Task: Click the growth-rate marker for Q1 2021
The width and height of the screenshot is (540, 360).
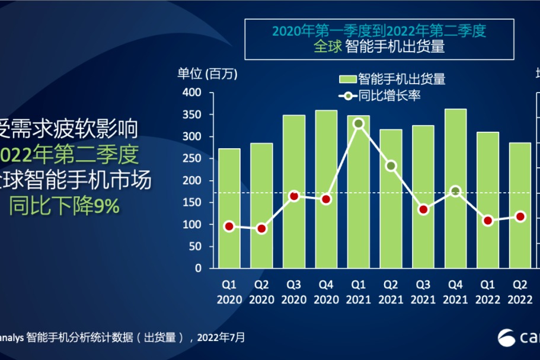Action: (358, 124)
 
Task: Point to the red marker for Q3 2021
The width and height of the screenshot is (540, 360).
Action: (423, 209)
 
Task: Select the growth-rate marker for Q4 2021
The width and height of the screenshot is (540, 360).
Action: (455, 191)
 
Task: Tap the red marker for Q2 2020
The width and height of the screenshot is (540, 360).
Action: (261, 228)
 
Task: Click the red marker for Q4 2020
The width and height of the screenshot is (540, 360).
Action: (326, 199)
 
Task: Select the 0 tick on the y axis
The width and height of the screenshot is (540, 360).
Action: (198, 268)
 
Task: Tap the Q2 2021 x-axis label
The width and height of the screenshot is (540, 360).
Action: (391, 292)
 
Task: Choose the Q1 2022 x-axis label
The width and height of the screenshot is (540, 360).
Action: (487, 292)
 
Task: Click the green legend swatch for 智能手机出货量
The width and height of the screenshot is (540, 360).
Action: (347, 79)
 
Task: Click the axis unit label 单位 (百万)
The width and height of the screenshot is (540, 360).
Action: (207, 74)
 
